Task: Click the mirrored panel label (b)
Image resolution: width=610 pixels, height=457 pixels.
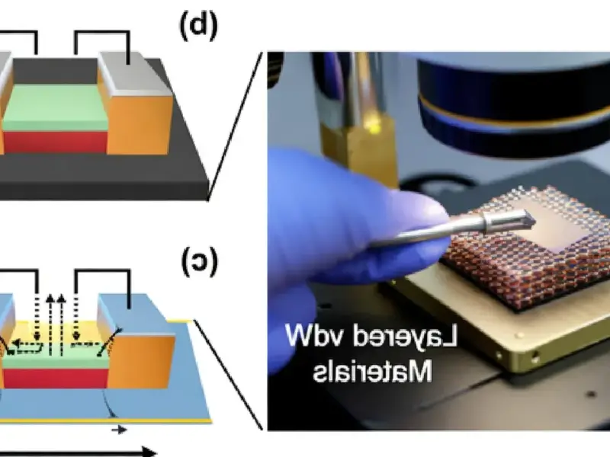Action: point(198,27)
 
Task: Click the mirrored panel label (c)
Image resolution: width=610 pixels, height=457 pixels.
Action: point(200,263)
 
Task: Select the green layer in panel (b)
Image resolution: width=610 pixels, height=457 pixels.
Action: point(53,107)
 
